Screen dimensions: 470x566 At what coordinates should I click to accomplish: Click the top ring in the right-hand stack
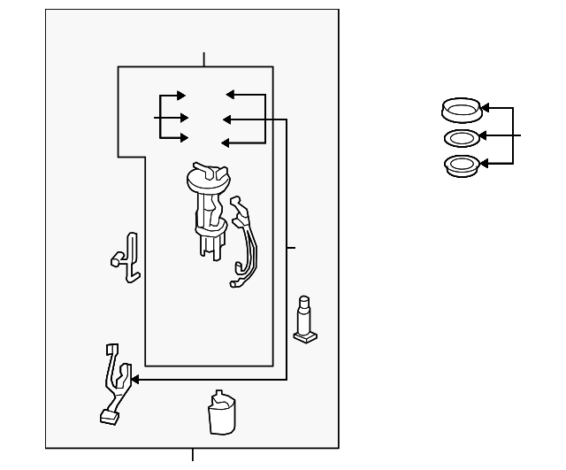coord(460,111)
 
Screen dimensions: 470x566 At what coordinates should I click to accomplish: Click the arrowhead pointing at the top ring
coord(485,108)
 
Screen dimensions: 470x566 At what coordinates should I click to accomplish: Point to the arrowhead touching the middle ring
coord(485,136)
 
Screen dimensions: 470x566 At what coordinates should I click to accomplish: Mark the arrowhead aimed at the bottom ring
coord(485,164)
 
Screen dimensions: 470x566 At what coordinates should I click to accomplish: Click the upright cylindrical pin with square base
coord(305,319)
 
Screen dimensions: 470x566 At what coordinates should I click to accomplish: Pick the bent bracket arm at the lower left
coord(114,381)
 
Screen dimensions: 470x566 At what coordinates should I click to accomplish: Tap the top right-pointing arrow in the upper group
coord(180,96)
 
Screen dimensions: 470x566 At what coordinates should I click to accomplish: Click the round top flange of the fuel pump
coord(207,179)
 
